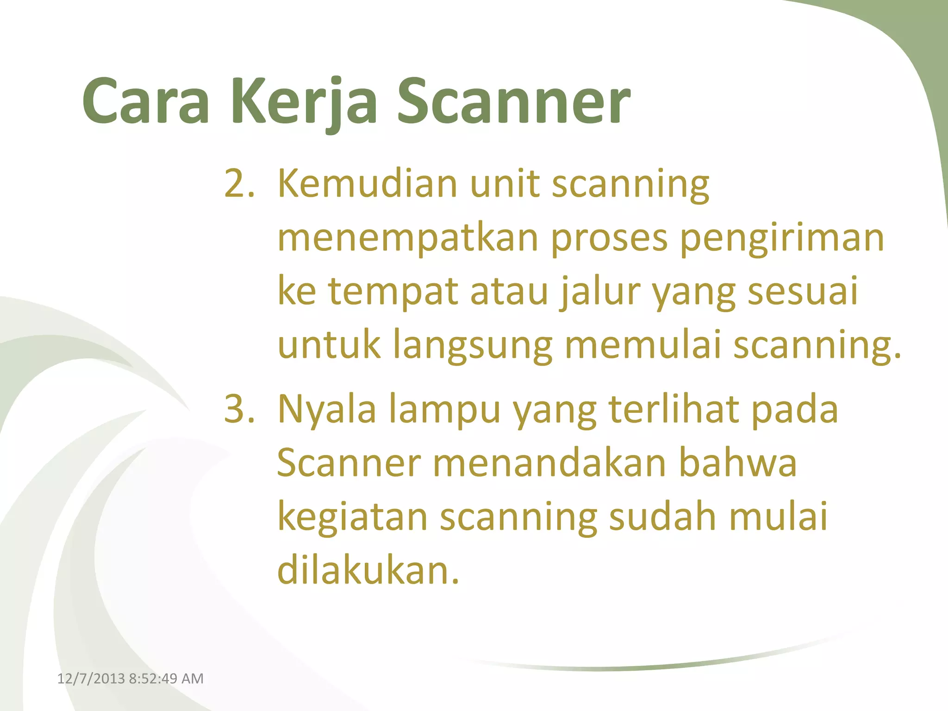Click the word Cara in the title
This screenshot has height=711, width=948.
tap(146, 102)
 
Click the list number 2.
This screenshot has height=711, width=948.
tap(238, 184)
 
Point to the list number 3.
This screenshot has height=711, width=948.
tap(238, 409)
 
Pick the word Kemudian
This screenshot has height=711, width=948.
tap(368, 184)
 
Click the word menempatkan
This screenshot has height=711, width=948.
tap(407, 238)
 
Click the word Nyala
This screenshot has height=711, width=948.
tap(326, 409)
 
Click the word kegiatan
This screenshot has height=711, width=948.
tap(352, 518)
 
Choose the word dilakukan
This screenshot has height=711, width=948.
tap(368, 570)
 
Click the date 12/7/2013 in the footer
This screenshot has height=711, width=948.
tap(91, 679)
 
